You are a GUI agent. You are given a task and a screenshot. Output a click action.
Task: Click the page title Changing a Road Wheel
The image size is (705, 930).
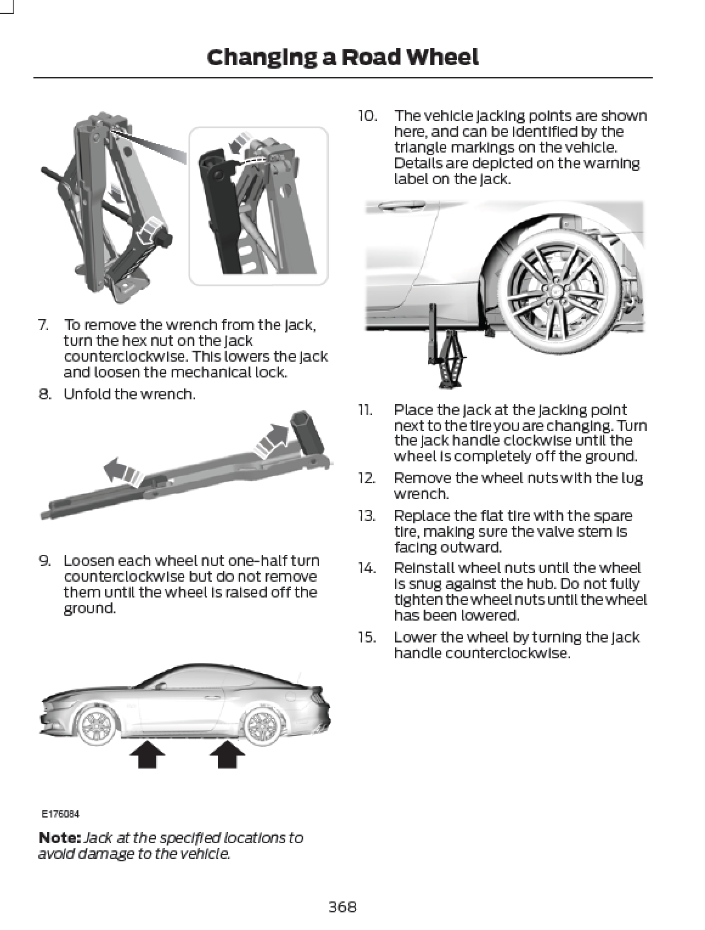click(x=342, y=57)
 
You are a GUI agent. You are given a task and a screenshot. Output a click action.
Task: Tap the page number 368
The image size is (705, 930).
click(x=342, y=907)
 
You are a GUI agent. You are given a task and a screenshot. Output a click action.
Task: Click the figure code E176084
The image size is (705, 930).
click(x=60, y=813)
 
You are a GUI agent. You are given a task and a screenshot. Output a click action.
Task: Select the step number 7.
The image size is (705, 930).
click(x=44, y=325)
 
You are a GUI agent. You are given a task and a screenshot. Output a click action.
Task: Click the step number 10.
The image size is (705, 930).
click(x=367, y=115)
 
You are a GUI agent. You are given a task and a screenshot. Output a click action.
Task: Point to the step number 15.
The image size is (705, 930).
click(x=366, y=637)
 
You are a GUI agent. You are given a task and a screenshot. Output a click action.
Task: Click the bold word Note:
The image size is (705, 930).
click(x=59, y=838)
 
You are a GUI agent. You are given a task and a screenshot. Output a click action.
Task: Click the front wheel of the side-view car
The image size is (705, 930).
click(x=95, y=725)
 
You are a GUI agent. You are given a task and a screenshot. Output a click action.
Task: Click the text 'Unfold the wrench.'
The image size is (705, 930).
click(x=129, y=394)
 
